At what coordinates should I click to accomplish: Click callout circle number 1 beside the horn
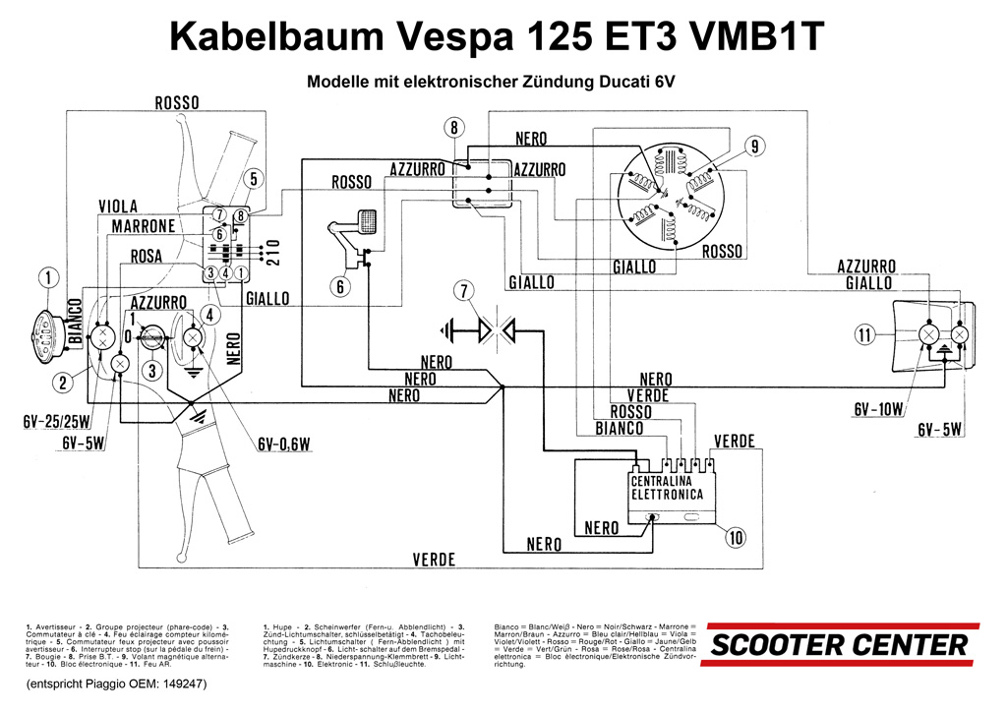49,278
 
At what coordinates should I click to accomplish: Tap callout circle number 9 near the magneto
754,148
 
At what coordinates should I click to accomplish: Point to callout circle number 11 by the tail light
864,335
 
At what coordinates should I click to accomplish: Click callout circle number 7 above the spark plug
463,290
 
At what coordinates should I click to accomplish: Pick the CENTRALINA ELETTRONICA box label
667,488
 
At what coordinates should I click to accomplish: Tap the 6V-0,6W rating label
284,445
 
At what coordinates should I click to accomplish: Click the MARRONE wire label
143,226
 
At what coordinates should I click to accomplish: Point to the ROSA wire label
147,257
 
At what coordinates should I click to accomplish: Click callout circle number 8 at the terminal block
452,127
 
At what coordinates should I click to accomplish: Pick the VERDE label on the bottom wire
434,560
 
